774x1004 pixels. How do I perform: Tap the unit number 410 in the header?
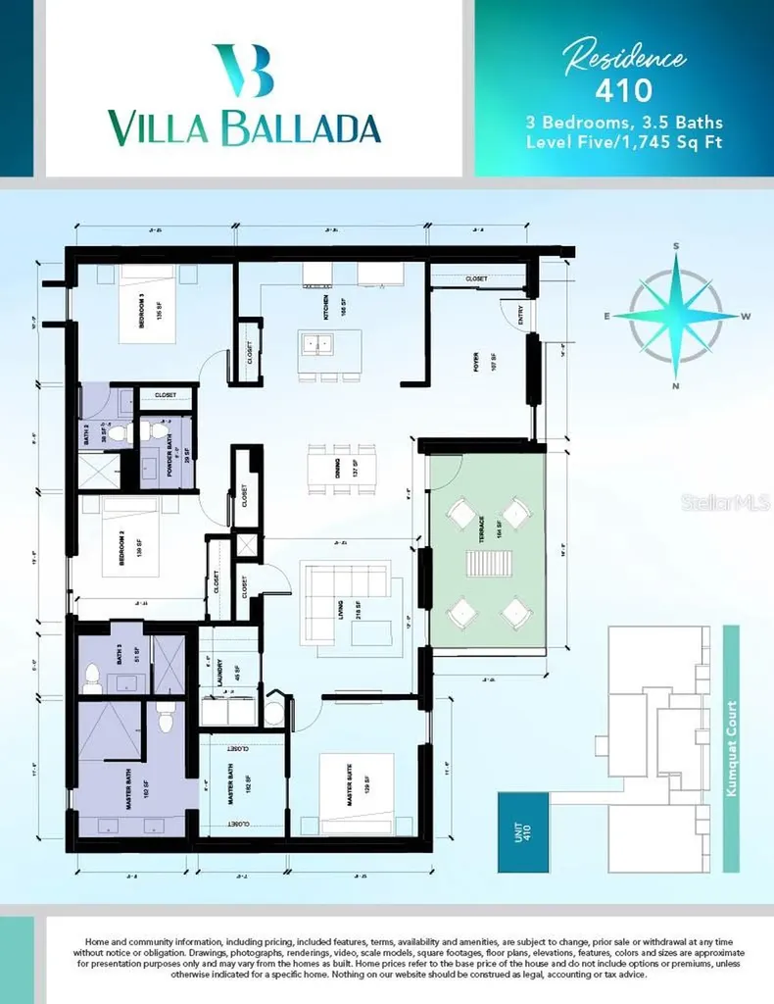623,91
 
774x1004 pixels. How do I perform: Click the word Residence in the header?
623,58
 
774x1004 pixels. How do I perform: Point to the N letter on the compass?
674,387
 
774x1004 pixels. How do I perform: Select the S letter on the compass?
675,246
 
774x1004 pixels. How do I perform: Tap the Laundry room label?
236,675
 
